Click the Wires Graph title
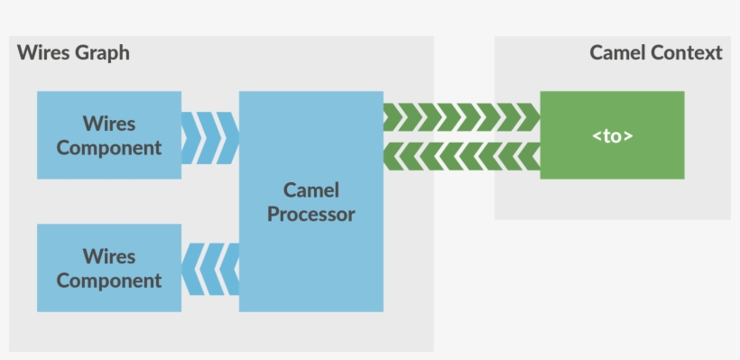[x=73, y=52]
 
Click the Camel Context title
[x=656, y=52]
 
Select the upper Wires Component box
[x=108, y=134]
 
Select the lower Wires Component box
[x=108, y=268]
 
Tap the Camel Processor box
[x=310, y=201]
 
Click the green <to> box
[x=612, y=135]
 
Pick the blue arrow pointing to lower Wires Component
[x=210, y=268]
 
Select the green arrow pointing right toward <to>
[x=461, y=117]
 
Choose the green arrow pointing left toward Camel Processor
[x=461, y=155]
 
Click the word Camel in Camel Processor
[x=310, y=189]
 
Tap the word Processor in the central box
[x=310, y=215]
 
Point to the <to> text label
[x=612, y=136]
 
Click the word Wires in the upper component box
[x=108, y=123]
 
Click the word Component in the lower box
[x=108, y=281]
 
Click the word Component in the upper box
[x=108, y=148]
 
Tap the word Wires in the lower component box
[x=108, y=256]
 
